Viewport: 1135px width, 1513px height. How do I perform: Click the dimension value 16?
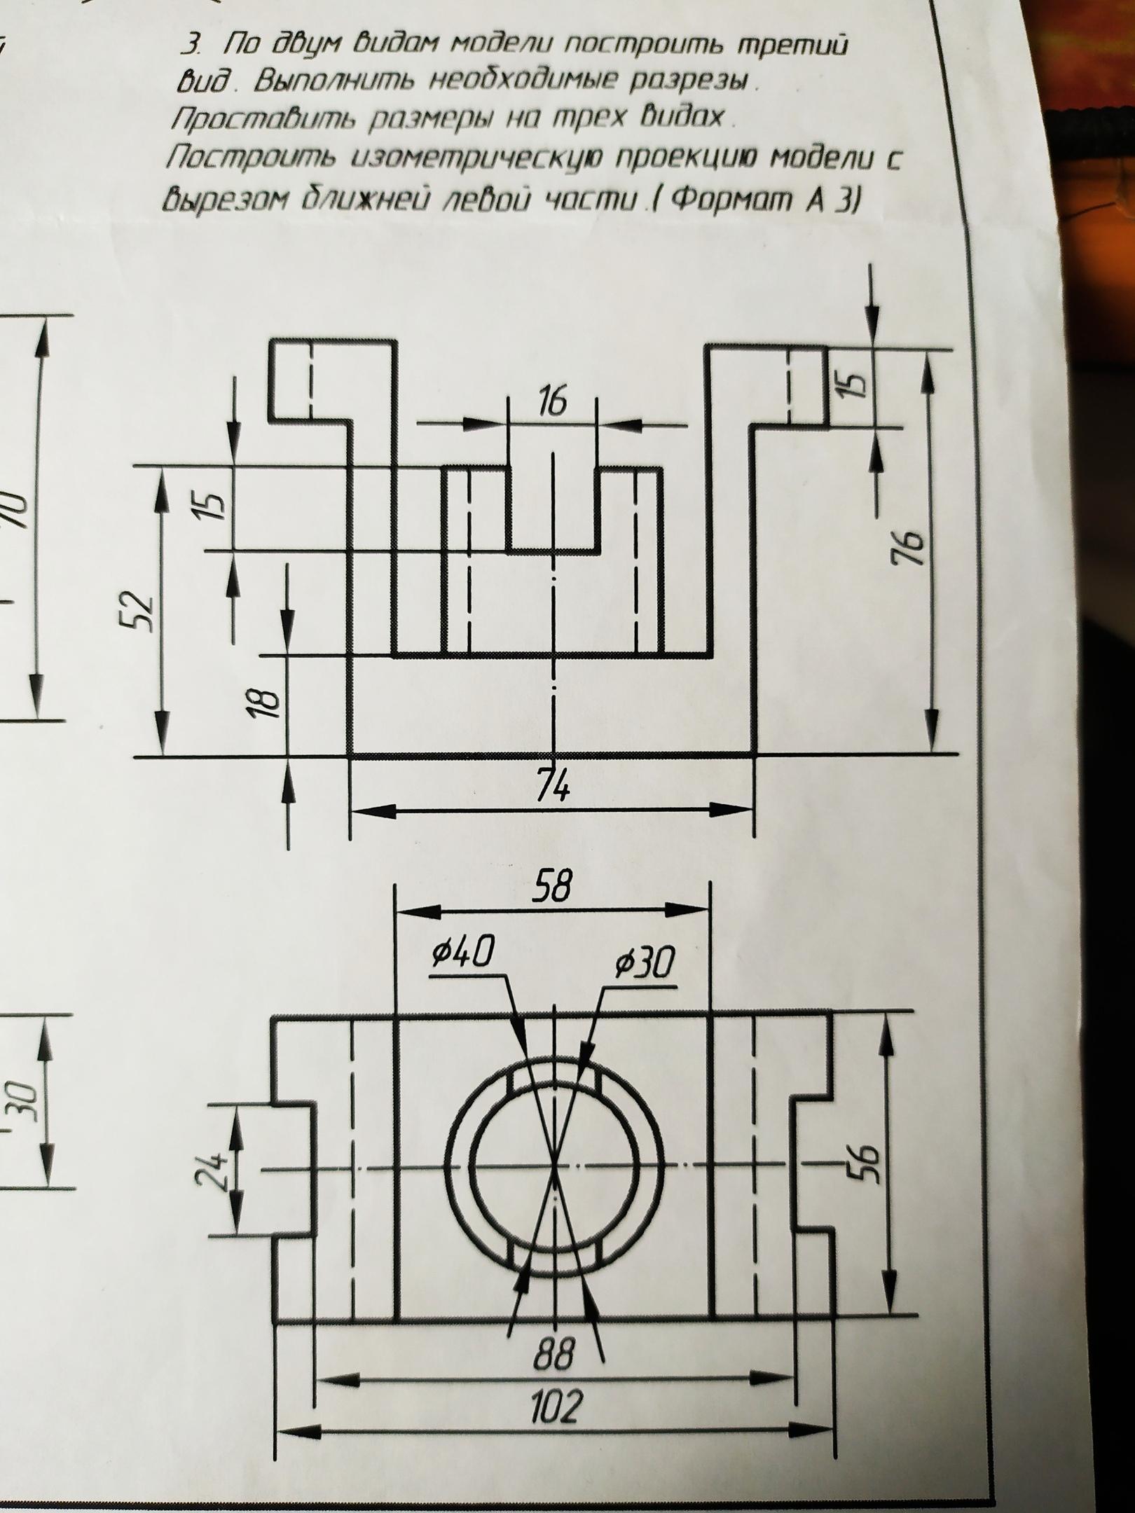coord(552,404)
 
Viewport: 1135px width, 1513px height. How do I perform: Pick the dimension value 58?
coord(553,888)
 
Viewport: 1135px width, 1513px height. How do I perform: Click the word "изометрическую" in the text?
coord(441,161)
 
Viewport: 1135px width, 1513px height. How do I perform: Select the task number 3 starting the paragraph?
coord(188,46)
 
